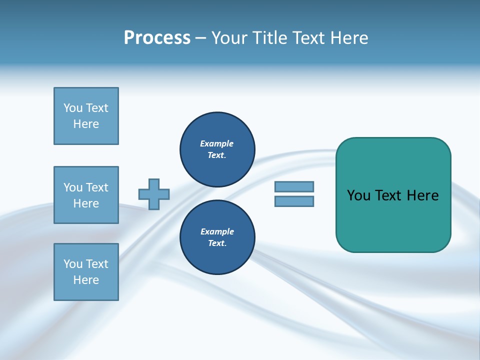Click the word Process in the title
click(x=157, y=38)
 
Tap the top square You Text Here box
click(x=86, y=116)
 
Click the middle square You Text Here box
click(x=86, y=195)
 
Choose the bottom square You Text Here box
click(x=86, y=272)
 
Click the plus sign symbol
click(x=154, y=194)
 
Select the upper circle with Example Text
click(x=217, y=149)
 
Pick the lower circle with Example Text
click(x=217, y=237)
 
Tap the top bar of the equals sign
click(x=294, y=187)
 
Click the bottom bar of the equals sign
click(x=294, y=201)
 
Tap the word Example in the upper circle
click(x=216, y=144)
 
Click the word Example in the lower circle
click(x=217, y=232)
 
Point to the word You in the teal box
click(x=358, y=195)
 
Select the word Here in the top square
click(x=86, y=124)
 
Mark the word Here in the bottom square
click(x=86, y=280)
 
